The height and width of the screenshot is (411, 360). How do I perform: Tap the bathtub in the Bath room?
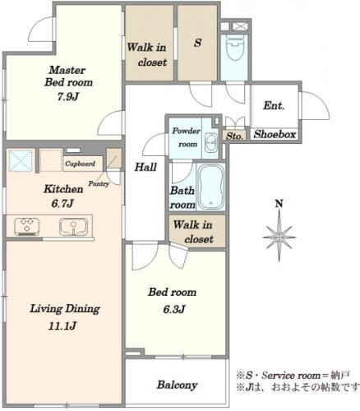(211, 187)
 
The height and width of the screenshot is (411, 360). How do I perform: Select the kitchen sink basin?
(73, 227)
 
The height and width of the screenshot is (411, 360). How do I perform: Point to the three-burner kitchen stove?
(27, 227)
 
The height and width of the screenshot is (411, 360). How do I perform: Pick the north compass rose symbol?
(279, 236)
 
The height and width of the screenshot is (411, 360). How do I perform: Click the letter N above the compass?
(279, 204)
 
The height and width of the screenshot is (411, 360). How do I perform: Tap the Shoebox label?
(275, 134)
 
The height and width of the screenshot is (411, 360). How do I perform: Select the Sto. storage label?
(235, 136)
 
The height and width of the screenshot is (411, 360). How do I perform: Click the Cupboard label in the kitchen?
(80, 164)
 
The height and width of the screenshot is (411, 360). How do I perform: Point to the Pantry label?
(99, 183)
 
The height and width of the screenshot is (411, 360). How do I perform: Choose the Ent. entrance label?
(274, 105)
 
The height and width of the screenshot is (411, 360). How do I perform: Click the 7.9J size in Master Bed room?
(68, 97)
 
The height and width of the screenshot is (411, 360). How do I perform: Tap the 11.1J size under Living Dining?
(62, 326)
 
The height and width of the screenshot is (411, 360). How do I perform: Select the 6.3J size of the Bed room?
(174, 309)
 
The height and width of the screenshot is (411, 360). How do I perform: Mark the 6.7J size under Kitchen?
(62, 204)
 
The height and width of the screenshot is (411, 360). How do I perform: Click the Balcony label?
(177, 385)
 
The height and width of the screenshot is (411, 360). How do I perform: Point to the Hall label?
(145, 167)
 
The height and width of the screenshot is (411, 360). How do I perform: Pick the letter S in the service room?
(197, 43)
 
